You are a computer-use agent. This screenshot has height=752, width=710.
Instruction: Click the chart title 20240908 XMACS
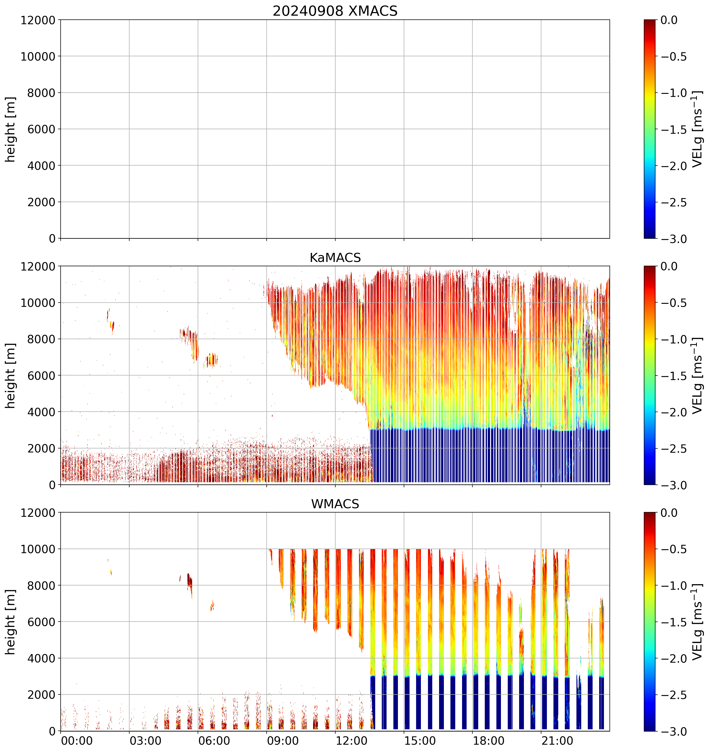(x=335, y=11)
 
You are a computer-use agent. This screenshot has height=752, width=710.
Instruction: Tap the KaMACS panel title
(x=335, y=258)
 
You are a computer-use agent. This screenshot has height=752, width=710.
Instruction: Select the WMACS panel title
(x=335, y=504)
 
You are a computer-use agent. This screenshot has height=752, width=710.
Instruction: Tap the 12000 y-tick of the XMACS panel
(x=38, y=20)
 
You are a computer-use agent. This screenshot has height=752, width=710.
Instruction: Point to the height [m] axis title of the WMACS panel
(x=11, y=622)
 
